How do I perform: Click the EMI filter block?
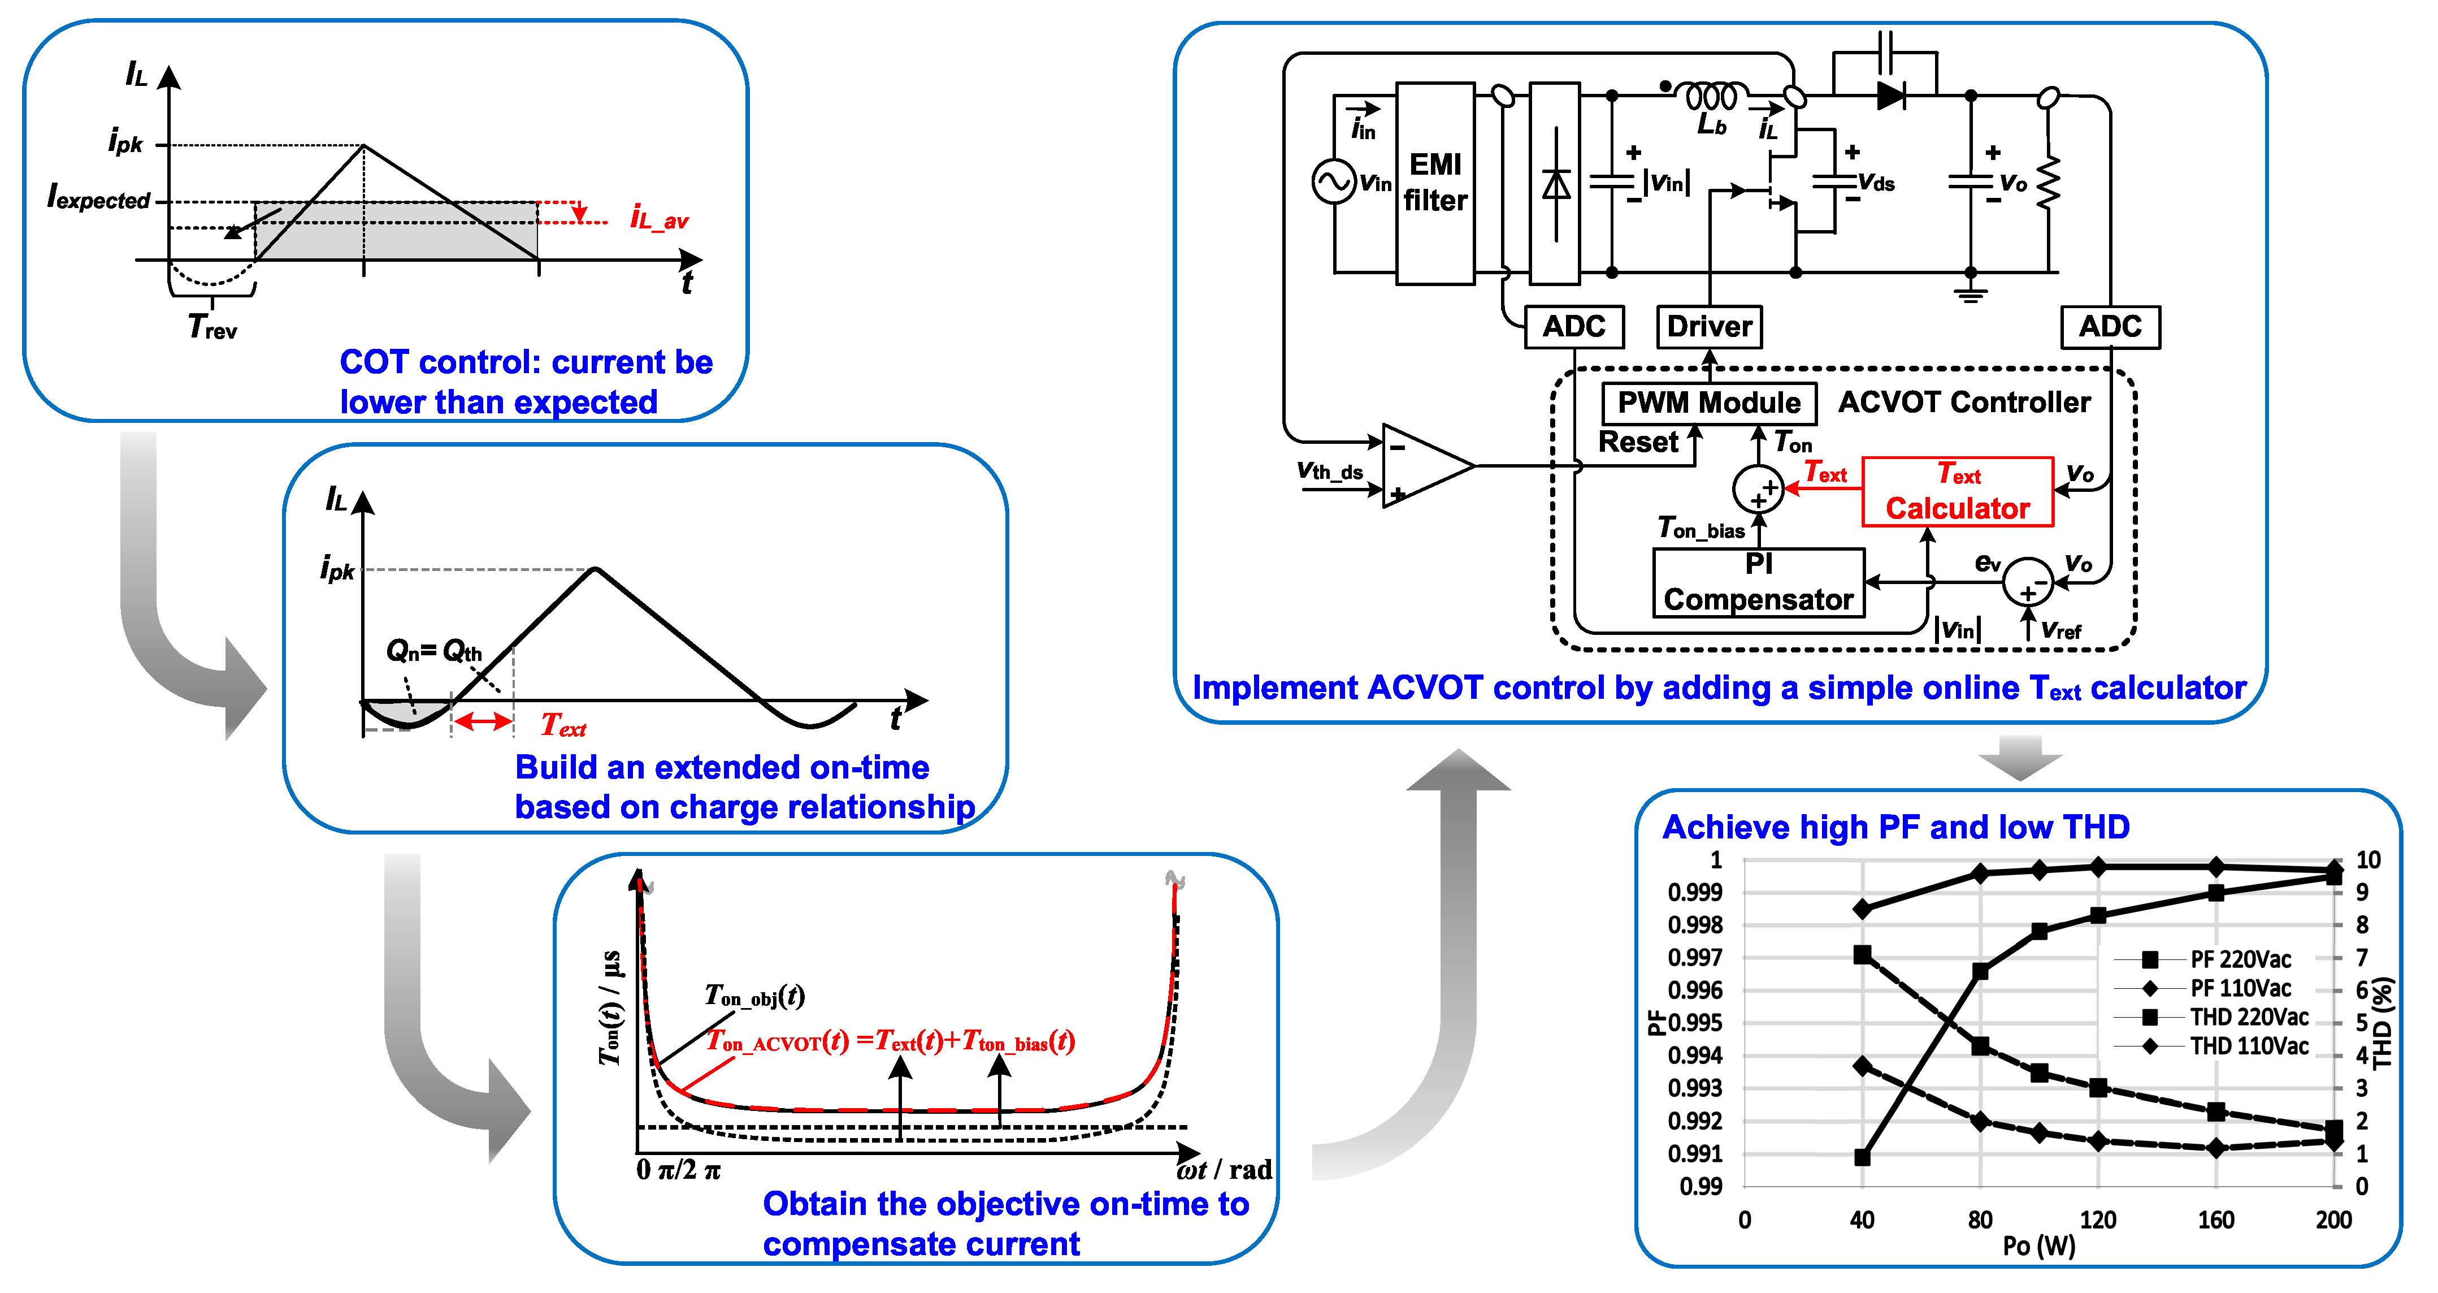[x=1435, y=183]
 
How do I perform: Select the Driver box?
[x=1709, y=327]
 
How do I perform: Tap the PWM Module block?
[x=1708, y=403]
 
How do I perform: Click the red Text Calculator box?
[x=1957, y=491]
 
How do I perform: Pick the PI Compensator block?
[x=1759, y=583]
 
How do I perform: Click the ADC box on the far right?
[x=2110, y=327]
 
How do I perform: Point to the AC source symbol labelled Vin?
[x=1334, y=181]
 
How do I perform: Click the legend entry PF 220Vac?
[x=2239, y=959]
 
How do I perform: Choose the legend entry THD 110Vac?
[x=2248, y=1046]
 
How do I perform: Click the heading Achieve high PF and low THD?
[x=1895, y=827]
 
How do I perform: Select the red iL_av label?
[x=660, y=219]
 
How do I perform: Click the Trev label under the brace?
[x=212, y=327]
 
